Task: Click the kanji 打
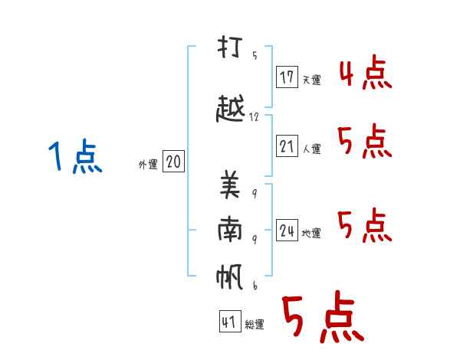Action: click(x=230, y=47)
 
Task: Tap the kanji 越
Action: click(x=230, y=108)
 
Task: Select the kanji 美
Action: click(x=230, y=185)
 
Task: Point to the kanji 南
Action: click(x=230, y=229)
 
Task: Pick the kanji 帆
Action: click(x=230, y=277)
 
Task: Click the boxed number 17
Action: click(x=287, y=77)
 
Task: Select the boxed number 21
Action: click(x=287, y=146)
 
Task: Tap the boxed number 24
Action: click(x=287, y=230)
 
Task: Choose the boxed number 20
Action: click(x=173, y=161)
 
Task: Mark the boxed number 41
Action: click(x=230, y=321)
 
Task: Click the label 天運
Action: click(x=312, y=80)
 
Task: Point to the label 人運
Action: click(x=312, y=149)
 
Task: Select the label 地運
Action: click(x=311, y=233)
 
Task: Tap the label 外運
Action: click(x=148, y=165)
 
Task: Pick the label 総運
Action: click(x=255, y=325)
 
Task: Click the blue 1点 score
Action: click(x=75, y=156)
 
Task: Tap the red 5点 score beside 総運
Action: click(x=323, y=316)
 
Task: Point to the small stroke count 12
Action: click(x=254, y=117)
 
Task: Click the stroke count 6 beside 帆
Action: click(x=255, y=285)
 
